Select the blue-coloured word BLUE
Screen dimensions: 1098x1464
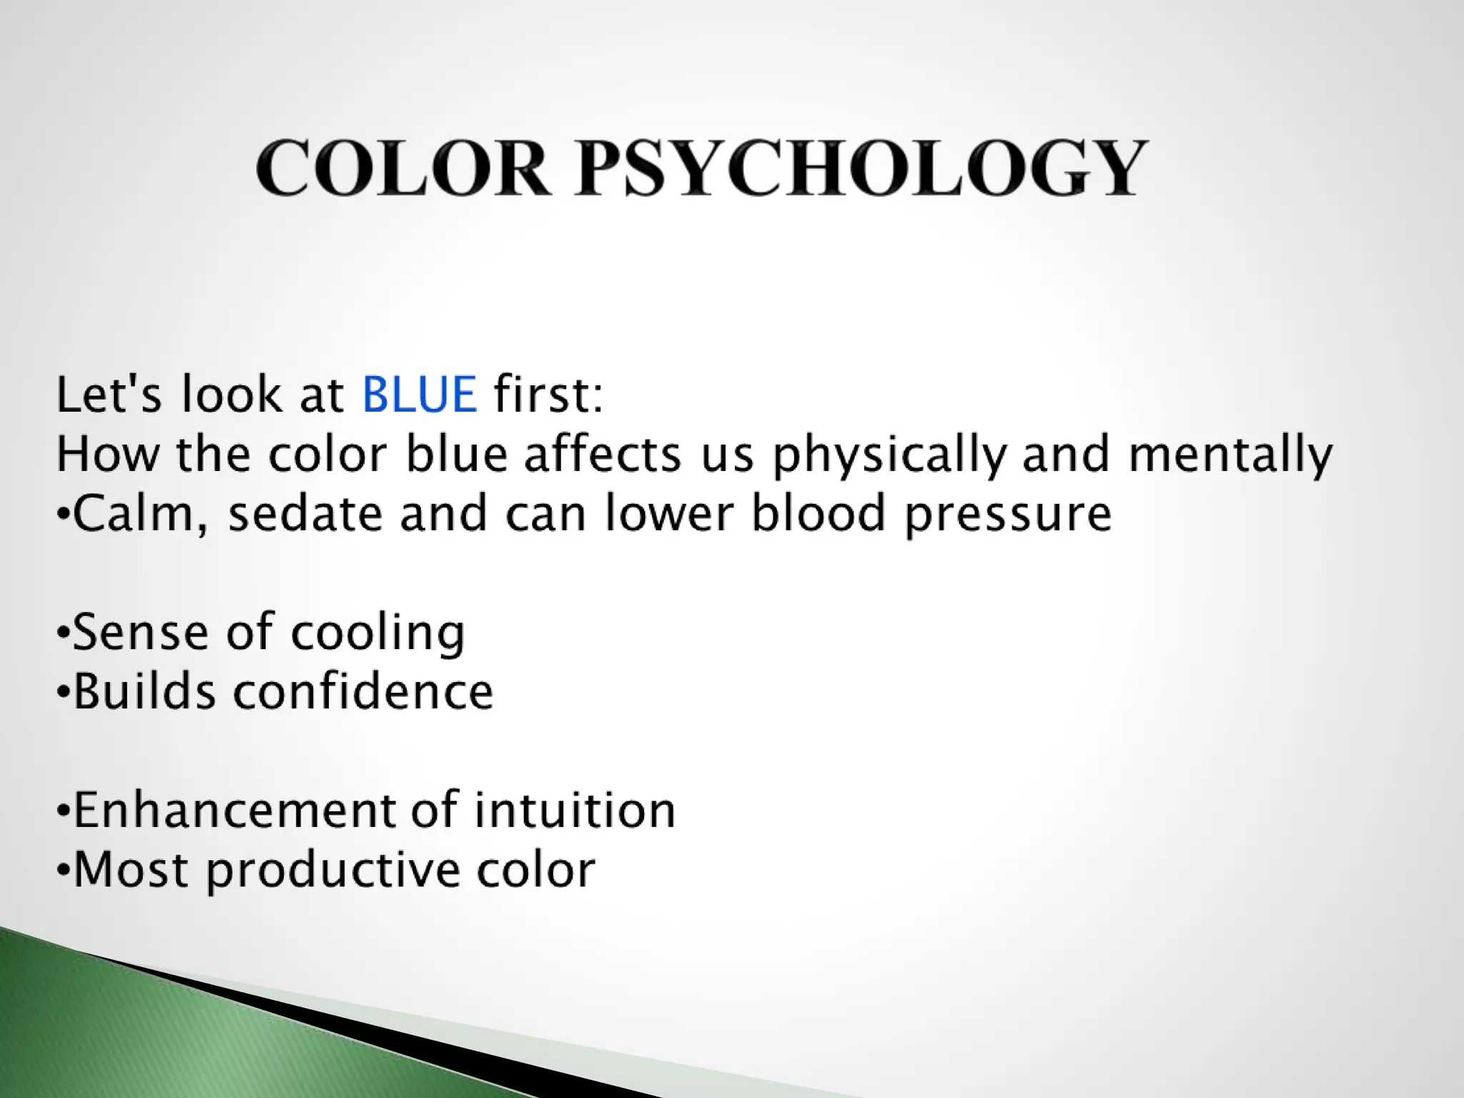(x=420, y=395)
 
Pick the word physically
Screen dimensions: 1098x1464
(x=889, y=455)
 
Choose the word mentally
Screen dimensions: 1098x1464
(x=1230, y=455)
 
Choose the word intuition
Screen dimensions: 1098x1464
(x=575, y=811)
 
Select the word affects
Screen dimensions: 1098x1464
(x=603, y=455)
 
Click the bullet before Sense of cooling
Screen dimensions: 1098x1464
(x=64, y=633)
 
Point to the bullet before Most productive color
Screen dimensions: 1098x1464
(x=64, y=871)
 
